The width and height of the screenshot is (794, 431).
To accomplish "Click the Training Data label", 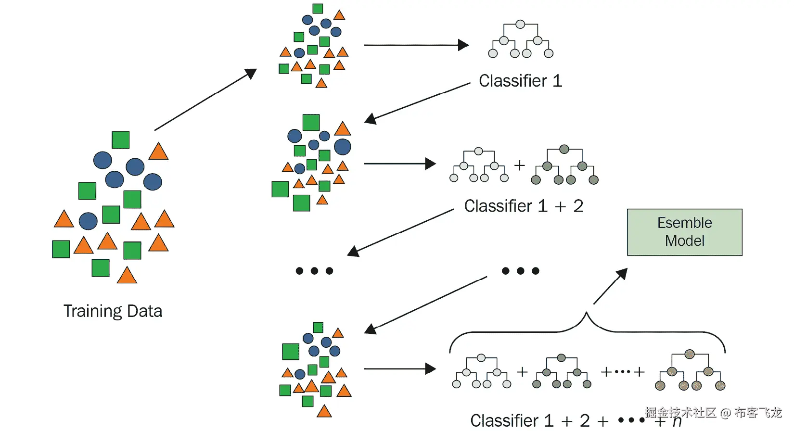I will pos(113,311).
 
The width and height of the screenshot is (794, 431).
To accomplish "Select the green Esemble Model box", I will pos(684,232).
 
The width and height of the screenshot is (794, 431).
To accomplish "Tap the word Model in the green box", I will pos(684,241).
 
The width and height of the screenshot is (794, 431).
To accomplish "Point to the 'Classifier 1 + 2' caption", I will pos(524,206).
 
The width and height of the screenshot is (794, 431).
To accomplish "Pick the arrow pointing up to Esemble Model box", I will pos(610,286).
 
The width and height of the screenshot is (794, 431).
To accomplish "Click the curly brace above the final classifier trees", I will pos(587,327).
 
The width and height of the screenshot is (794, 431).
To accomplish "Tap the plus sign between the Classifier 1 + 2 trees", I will pos(519,165).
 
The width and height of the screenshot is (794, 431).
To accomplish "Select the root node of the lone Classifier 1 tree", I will pos(520,24).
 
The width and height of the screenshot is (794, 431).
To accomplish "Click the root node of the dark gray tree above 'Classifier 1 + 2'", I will pos(564,149).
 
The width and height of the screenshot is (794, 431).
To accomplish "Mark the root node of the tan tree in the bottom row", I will pos(690,355).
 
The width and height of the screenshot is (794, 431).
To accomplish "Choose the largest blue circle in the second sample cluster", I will pos(343,147).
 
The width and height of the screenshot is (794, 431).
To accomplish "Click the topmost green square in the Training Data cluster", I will pos(120,140).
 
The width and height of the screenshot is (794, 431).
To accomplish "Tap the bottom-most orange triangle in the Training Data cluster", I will pos(127,276).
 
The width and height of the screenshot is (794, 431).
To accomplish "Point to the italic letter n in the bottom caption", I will pos(677,422).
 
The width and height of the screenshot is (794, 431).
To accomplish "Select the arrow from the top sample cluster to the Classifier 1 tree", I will pos(416,45).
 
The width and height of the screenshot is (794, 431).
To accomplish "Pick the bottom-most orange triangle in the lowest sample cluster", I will pos(324,411).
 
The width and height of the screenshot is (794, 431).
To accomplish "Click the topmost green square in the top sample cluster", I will pos(318,9).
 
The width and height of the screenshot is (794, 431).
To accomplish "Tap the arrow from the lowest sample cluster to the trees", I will pos(399,369).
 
